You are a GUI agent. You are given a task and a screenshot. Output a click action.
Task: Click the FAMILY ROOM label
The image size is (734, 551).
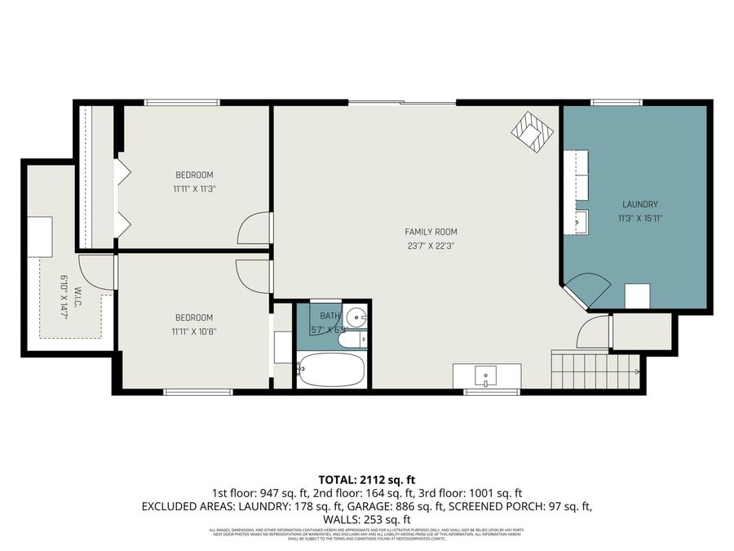pyautogui.click(x=431, y=232)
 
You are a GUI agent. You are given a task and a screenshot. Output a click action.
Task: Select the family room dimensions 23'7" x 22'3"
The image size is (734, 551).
pyautogui.click(x=431, y=246)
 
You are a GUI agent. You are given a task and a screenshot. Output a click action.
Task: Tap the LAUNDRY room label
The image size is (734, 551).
pyautogui.click(x=639, y=204)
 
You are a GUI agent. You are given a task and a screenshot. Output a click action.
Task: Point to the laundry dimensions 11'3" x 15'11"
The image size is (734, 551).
pyautogui.click(x=639, y=218)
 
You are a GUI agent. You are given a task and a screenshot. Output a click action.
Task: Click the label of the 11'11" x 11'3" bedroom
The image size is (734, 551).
pyautogui.click(x=194, y=175)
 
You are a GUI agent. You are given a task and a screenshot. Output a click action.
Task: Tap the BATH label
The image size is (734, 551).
pyautogui.click(x=330, y=315)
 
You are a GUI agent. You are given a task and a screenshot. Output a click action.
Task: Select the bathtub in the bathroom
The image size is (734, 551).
pyautogui.click(x=330, y=371)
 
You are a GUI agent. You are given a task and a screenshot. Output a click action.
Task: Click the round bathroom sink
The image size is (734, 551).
pyautogui.click(x=356, y=317)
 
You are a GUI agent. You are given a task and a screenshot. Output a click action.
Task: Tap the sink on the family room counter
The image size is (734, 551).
pyautogui.click(x=486, y=376)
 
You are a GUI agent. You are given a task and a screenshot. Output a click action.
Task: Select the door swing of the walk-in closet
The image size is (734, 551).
pyautogui.click(x=96, y=273)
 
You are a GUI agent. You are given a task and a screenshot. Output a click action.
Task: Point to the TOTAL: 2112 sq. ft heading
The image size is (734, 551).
pyautogui.click(x=366, y=479)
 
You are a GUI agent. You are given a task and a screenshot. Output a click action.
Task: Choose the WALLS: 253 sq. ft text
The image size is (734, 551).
pyautogui.click(x=366, y=519)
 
